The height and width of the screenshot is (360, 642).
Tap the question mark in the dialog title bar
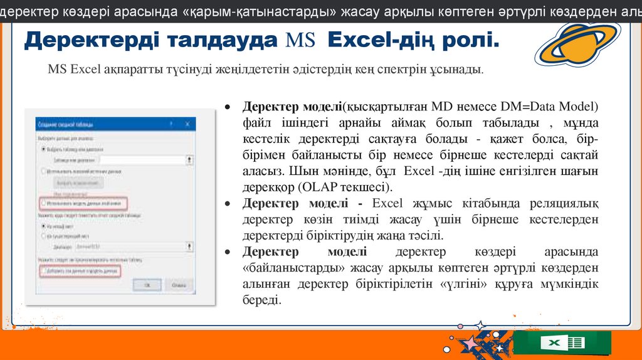click(171, 125)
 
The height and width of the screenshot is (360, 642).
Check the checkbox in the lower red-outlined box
click(43, 272)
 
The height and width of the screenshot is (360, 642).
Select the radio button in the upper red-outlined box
click(43, 203)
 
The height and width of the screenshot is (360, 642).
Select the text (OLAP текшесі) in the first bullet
click(348, 187)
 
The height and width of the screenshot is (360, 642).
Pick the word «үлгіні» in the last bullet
click(461, 285)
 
